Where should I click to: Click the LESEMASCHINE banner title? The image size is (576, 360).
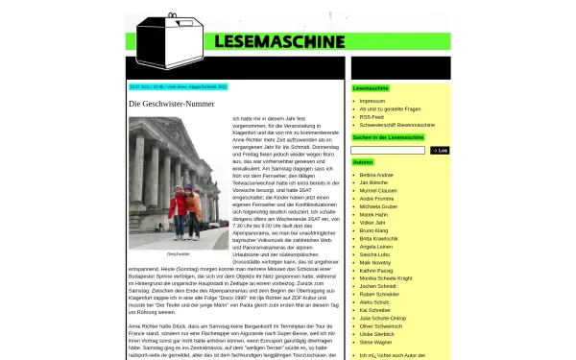(x=279, y=41)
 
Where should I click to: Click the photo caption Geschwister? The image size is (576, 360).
(x=179, y=254)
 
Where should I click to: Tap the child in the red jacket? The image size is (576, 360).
(x=177, y=217)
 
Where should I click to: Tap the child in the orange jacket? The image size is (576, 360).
(x=192, y=216)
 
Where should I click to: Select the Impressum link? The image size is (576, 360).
(x=372, y=101)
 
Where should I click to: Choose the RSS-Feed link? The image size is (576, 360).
(x=372, y=117)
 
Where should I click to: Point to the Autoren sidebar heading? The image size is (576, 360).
(x=364, y=162)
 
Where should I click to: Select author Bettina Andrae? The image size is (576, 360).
(x=376, y=176)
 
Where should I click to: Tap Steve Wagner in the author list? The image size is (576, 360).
(x=375, y=341)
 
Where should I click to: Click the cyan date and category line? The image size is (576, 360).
(x=179, y=87)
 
